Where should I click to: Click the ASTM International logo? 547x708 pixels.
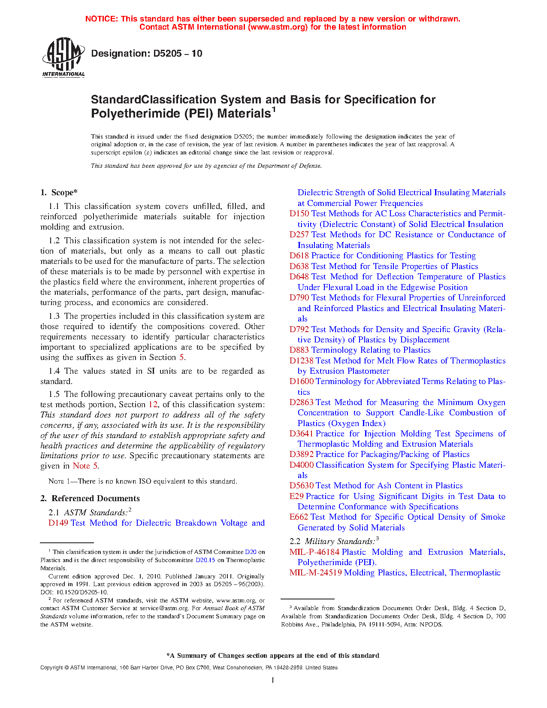click(x=63, y=57)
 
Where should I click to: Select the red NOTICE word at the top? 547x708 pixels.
click(x=101, y=19)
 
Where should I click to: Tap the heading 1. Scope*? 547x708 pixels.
click(x=59, y=193)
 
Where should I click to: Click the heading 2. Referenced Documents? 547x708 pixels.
click(x=90, y=498)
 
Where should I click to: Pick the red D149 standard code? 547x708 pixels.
click(x=58, y=523)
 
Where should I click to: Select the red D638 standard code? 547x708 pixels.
click(x=299, y=266)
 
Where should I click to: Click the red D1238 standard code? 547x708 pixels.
click(x=301, y=361)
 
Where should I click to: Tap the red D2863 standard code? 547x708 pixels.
click(x=301, y=402)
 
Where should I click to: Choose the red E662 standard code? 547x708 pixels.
click(x=299, y=517)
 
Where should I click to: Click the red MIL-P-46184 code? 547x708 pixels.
click(x=314, y=552)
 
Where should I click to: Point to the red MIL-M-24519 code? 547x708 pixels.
click(x=315, y=573)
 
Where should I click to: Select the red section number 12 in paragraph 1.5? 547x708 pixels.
click(x=153, y=405)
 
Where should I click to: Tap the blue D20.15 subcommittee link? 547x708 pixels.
click(x=205, y=560)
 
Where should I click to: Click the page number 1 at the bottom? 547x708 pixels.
click(x=273, y=680)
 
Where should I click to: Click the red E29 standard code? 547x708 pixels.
click(x=296, y=496)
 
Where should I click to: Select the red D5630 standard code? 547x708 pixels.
click(x=301, y=486)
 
